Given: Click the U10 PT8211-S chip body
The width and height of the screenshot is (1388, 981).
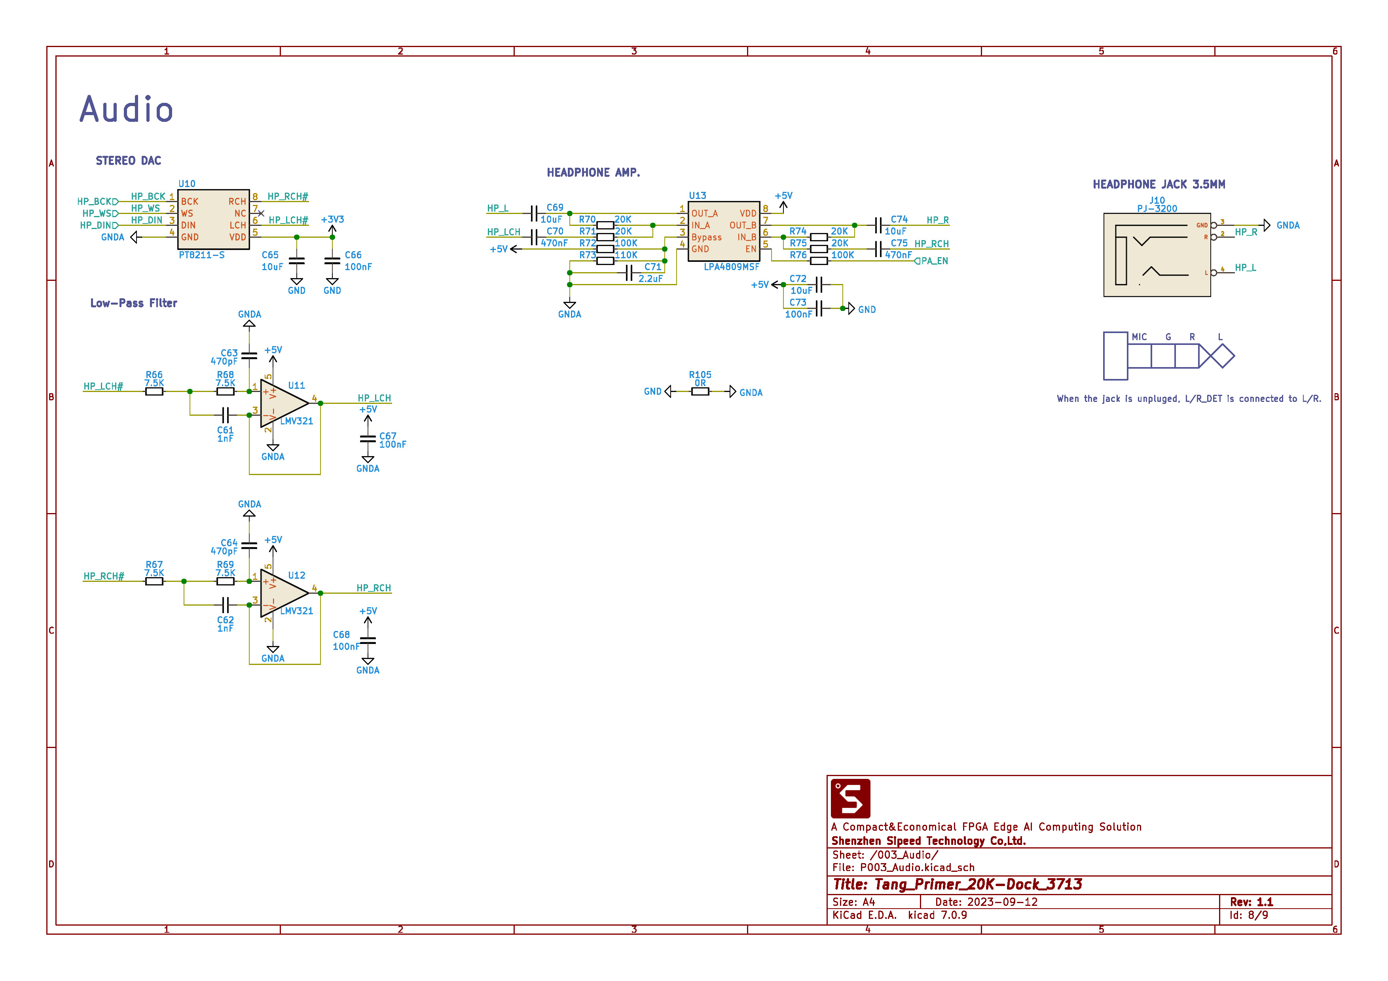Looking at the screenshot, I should pyautogui.click(x=213, y=219).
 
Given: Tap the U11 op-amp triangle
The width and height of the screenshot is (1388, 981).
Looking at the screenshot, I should pyautogui.click(x=283, y=403).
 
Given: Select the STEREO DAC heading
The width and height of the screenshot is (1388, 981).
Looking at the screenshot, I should pyautogui.click(x=128, y=161).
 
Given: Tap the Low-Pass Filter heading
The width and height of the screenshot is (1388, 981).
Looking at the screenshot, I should pyautogui.click(x=134, y=303).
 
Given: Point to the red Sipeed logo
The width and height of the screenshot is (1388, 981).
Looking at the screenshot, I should pyautogui.click(x=850, y=798).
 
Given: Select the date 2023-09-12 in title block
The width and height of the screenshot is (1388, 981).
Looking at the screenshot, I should pyautogui.click(x=1002, y=902).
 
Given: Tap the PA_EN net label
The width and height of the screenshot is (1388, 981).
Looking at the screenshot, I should pyautogui.click(x=934, y=261).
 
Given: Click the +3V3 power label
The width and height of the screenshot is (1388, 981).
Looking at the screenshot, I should pyautogui.click(x=332, y=220).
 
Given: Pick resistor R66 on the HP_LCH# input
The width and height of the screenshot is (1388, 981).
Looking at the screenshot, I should pyautogui.click(x=154, y=391).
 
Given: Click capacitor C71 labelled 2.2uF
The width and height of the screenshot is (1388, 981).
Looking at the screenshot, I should pyautogui.click(x=629, y=273).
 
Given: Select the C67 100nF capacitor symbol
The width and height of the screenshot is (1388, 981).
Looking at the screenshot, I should pyautogui.click(x=368, y=439).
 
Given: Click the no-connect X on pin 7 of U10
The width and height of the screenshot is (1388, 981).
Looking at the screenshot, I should pyautogui.click(x=261, y=213).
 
